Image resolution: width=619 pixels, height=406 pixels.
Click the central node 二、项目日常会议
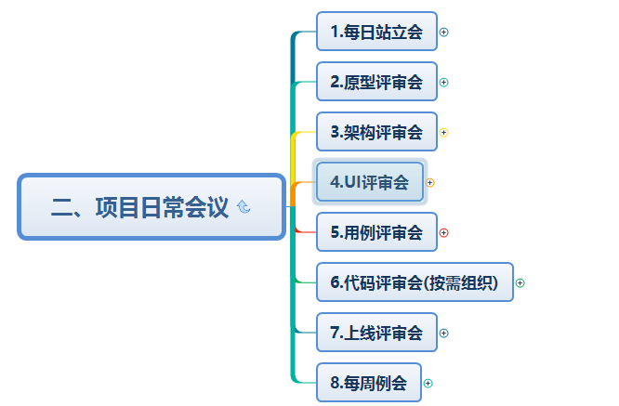(x=139, y=206)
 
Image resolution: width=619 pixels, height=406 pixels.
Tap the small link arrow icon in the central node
(x=244, y=207)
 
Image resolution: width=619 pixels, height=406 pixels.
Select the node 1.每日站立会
(x=376, y=32)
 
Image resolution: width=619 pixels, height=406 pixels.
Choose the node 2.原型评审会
(x=376, y=82)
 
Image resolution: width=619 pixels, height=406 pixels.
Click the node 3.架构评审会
(x=376, y=132)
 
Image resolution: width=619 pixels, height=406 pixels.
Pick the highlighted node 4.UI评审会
(x=369, y=182)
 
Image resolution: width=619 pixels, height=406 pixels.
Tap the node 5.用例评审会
(x=376, y=232)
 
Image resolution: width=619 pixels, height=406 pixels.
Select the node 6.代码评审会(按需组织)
(x=415, y=282)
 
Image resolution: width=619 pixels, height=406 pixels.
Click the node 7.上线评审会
(x=376, y=333)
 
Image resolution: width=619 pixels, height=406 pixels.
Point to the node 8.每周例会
(x=369, y=383)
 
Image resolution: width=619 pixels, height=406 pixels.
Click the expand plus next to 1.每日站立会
(x=444, y=32)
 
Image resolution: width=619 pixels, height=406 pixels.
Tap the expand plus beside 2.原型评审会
(x=444, y=82)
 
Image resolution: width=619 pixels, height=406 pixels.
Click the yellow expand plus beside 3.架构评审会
(x=444, y=132)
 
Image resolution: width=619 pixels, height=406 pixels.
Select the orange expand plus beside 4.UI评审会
(x=430, y=182)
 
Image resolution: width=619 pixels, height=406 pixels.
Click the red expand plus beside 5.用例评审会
(x=444, y=232)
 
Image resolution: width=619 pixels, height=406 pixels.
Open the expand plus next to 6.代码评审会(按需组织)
(x=520, y=282)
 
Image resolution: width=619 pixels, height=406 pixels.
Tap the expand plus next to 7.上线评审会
(x=444, y=333)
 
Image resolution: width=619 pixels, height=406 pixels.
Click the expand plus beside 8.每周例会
(x=428, y=383)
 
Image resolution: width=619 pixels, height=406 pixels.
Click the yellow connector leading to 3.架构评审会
(x=303, y=133)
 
